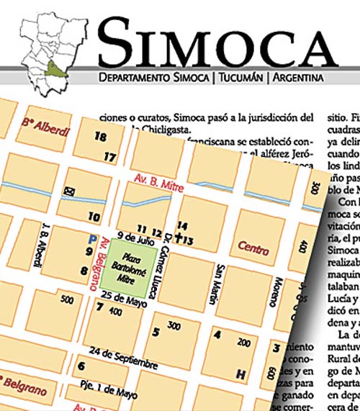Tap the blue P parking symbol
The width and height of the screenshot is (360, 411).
point(91,239)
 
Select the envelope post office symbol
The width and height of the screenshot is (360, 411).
point(71,191)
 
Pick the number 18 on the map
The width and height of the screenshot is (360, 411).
point(100,136)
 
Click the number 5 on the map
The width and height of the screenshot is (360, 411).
point(156,332)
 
